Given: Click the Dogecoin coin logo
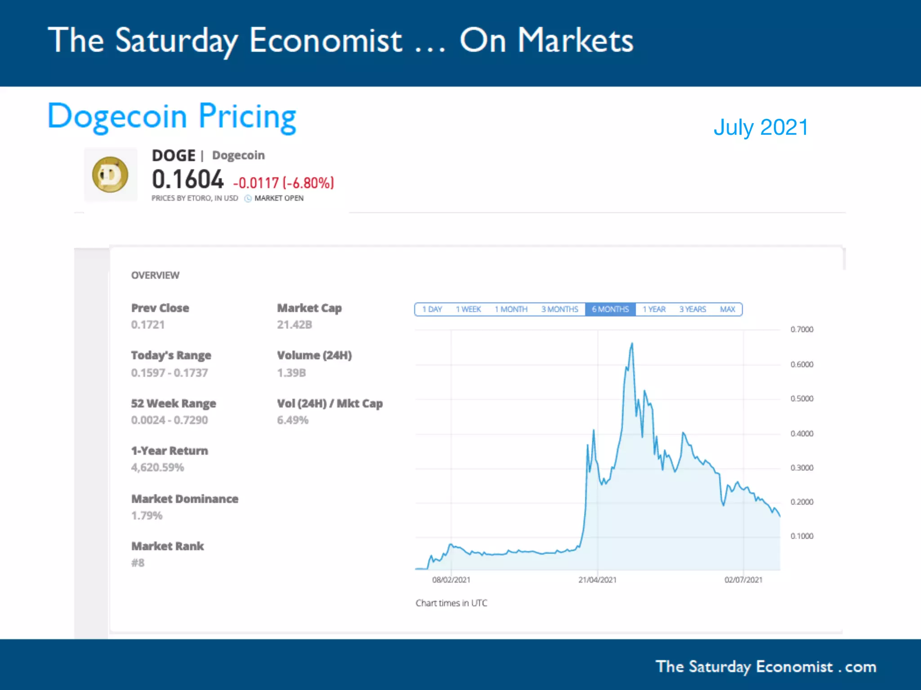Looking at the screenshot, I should tap(110, 175).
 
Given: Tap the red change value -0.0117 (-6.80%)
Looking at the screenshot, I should tap(283, 183).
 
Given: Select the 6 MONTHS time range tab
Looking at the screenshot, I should tap(610, 310).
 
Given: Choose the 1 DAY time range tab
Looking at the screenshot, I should tap(432, 310).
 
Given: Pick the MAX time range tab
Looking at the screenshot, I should tap(727, 310).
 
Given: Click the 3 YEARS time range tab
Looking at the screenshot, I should tap(692, 310).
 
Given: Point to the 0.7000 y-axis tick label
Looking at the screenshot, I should tap(802, 329).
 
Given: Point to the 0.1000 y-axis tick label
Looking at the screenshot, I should tap(802, 536).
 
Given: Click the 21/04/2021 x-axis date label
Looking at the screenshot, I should tap(597, 580).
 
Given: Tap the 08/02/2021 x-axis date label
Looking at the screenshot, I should tap(451, 580).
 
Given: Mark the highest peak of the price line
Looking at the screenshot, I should tap(632, 344).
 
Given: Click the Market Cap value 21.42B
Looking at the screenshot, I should tap(294, 325).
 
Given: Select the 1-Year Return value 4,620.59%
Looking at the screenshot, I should tap(157, 468).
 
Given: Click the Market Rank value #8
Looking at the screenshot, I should tap(138, 563).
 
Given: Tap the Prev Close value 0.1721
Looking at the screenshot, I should tap(148, 325).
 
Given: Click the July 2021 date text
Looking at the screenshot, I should tap(761, 127).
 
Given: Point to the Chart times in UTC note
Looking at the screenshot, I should tap(451, 603).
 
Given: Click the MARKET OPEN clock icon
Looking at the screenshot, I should tap(248, 199).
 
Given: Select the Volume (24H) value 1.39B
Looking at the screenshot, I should tap(291, 373).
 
